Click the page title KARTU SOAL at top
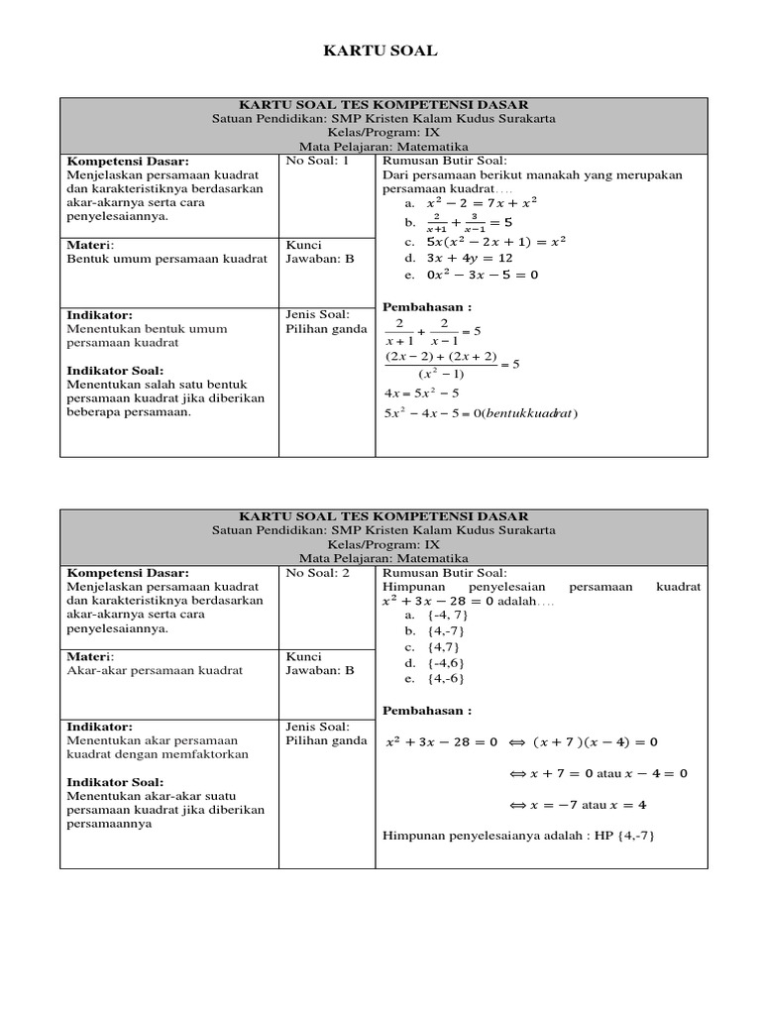pyautogui.click(x=380, y=51)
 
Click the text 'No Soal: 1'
pyautogui.click(x=318, y=161)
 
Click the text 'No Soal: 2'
pyautogui.click(x=318, y=573)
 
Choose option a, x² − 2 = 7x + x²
pyautogui.click(x=468, y=203)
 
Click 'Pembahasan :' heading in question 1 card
pyautogui.click(x=427, y=307)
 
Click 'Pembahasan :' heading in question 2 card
pyautogui.click(x=427, y=710)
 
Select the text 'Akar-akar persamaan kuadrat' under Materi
pyautogui.click(x=155, y=670)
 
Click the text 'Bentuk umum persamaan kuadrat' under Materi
pyautogui.click(x=166, y=259)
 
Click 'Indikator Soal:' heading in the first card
pyautogui.click(x=115, y=370)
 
